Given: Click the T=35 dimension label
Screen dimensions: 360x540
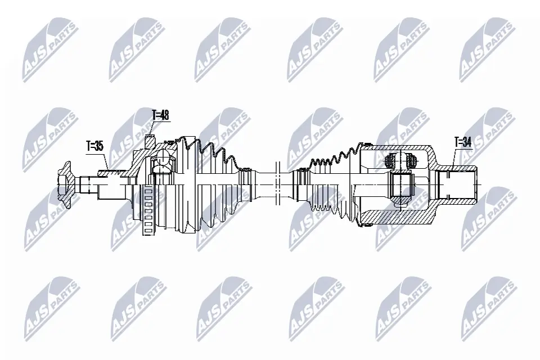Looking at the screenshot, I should tap(94, 146).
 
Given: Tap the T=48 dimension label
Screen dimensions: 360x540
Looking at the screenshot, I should tap(160, 116).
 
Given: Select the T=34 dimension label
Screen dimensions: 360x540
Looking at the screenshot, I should tap(462, 142).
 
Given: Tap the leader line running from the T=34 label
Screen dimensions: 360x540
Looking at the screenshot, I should tap(454, 158).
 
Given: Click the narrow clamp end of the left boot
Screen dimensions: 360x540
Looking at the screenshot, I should tap(245, 182).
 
